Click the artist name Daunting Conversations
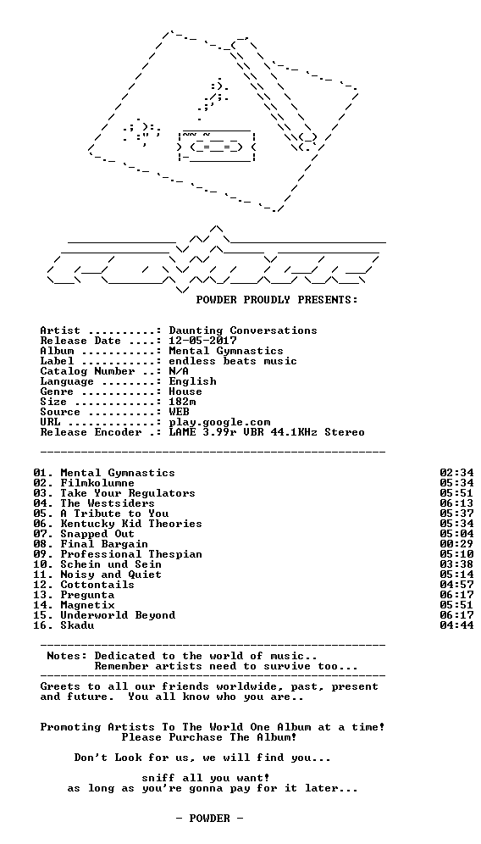243,330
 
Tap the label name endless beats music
232,361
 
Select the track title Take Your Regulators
128,493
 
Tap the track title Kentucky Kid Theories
131,524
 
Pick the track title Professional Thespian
131,554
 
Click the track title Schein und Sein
111,564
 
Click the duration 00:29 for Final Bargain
456,544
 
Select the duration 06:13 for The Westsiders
456,504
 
